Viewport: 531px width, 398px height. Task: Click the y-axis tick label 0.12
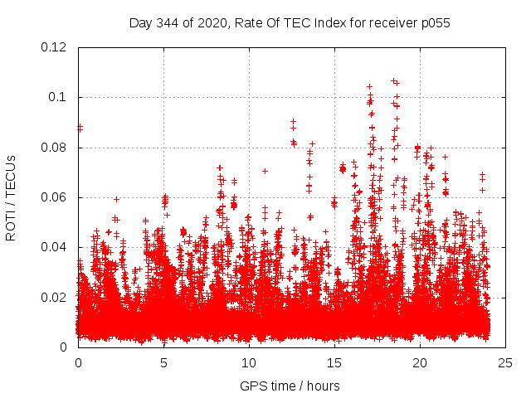pos(55,47)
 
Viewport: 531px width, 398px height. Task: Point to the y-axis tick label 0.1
pos(58,97)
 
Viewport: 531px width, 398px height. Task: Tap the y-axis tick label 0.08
pos(55,148)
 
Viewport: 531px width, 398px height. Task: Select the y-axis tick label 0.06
pos(55,197)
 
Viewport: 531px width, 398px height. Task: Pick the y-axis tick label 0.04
pos(55,247)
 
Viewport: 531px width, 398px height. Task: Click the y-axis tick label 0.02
pos(55,297)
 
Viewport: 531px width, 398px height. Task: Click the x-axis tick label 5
pos(163,362)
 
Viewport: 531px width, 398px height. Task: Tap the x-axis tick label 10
pos(249,362)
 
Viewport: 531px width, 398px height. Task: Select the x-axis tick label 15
pos(334,362)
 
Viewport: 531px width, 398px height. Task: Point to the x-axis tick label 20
pos(420,362)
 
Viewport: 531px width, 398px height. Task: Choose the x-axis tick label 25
pos(505,362)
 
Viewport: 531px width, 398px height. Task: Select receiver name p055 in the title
pos(434,22)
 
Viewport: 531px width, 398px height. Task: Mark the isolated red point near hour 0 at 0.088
pos(80,128)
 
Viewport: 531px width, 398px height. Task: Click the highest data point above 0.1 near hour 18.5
pos(394,80)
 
